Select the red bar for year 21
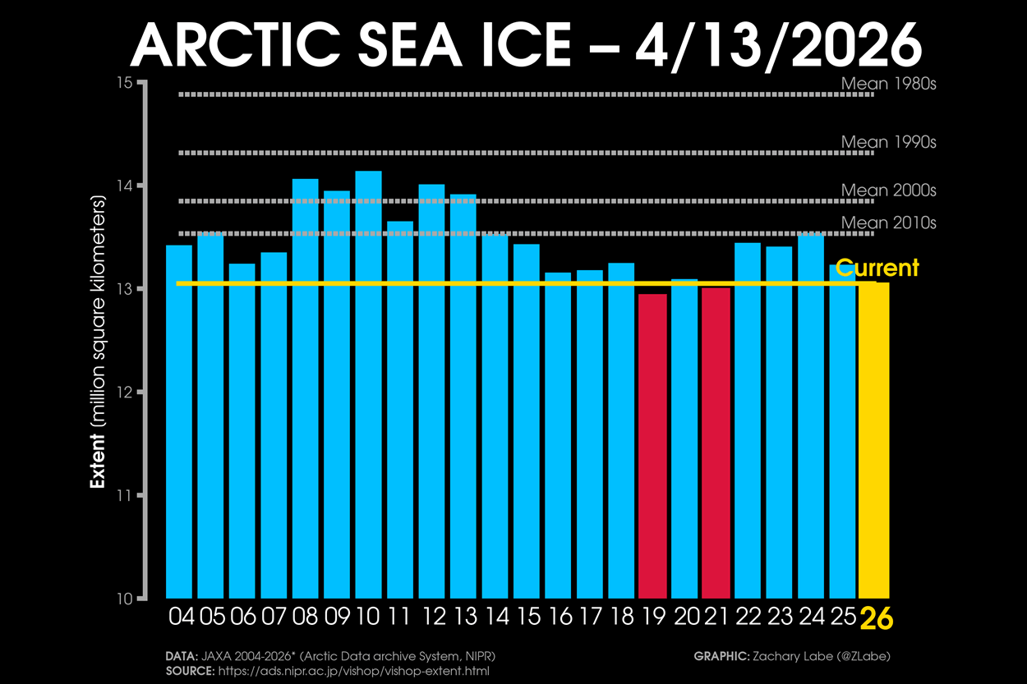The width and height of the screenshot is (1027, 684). coord(716,443)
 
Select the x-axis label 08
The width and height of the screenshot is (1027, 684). coord(305,616)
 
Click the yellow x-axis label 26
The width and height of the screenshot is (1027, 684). coord(876,617)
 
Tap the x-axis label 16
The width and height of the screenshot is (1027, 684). coord(558,616)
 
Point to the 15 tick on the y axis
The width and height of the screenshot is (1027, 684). coord(124,82)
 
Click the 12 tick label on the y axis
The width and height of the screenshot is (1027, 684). coord(124,392)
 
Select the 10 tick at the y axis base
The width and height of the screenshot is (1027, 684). coord(124,599)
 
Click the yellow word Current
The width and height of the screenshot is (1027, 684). coord(877,268)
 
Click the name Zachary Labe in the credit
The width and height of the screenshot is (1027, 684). coord(790,656)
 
